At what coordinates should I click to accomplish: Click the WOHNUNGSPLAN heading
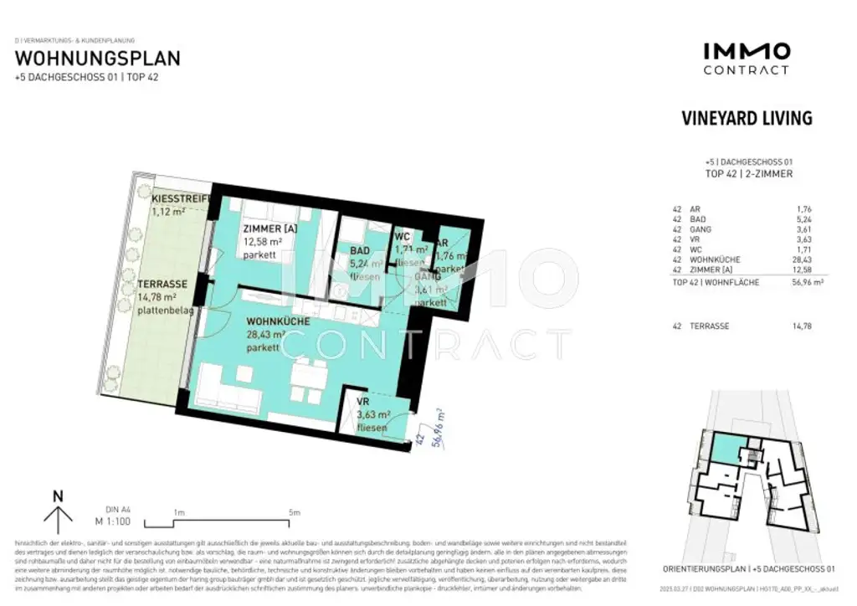(x=97, y=59)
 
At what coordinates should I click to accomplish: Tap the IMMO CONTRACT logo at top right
(x=746, y=59)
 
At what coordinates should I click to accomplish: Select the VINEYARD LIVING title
(x=747, y=118)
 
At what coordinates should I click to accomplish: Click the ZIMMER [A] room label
(x=269, y=229)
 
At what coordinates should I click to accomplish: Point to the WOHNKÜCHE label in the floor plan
(x=278, y=321)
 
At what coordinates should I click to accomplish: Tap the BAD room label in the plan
(x=361, y=249)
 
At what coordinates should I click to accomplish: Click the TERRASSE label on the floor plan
(x=162, y=284)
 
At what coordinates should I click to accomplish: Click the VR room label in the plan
(x=363, y=403)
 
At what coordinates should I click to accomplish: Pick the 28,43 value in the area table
(x=800, y=260)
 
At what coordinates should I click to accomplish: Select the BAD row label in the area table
(x=698, y=220)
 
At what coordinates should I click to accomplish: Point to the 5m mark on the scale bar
(x=293, y=513)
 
